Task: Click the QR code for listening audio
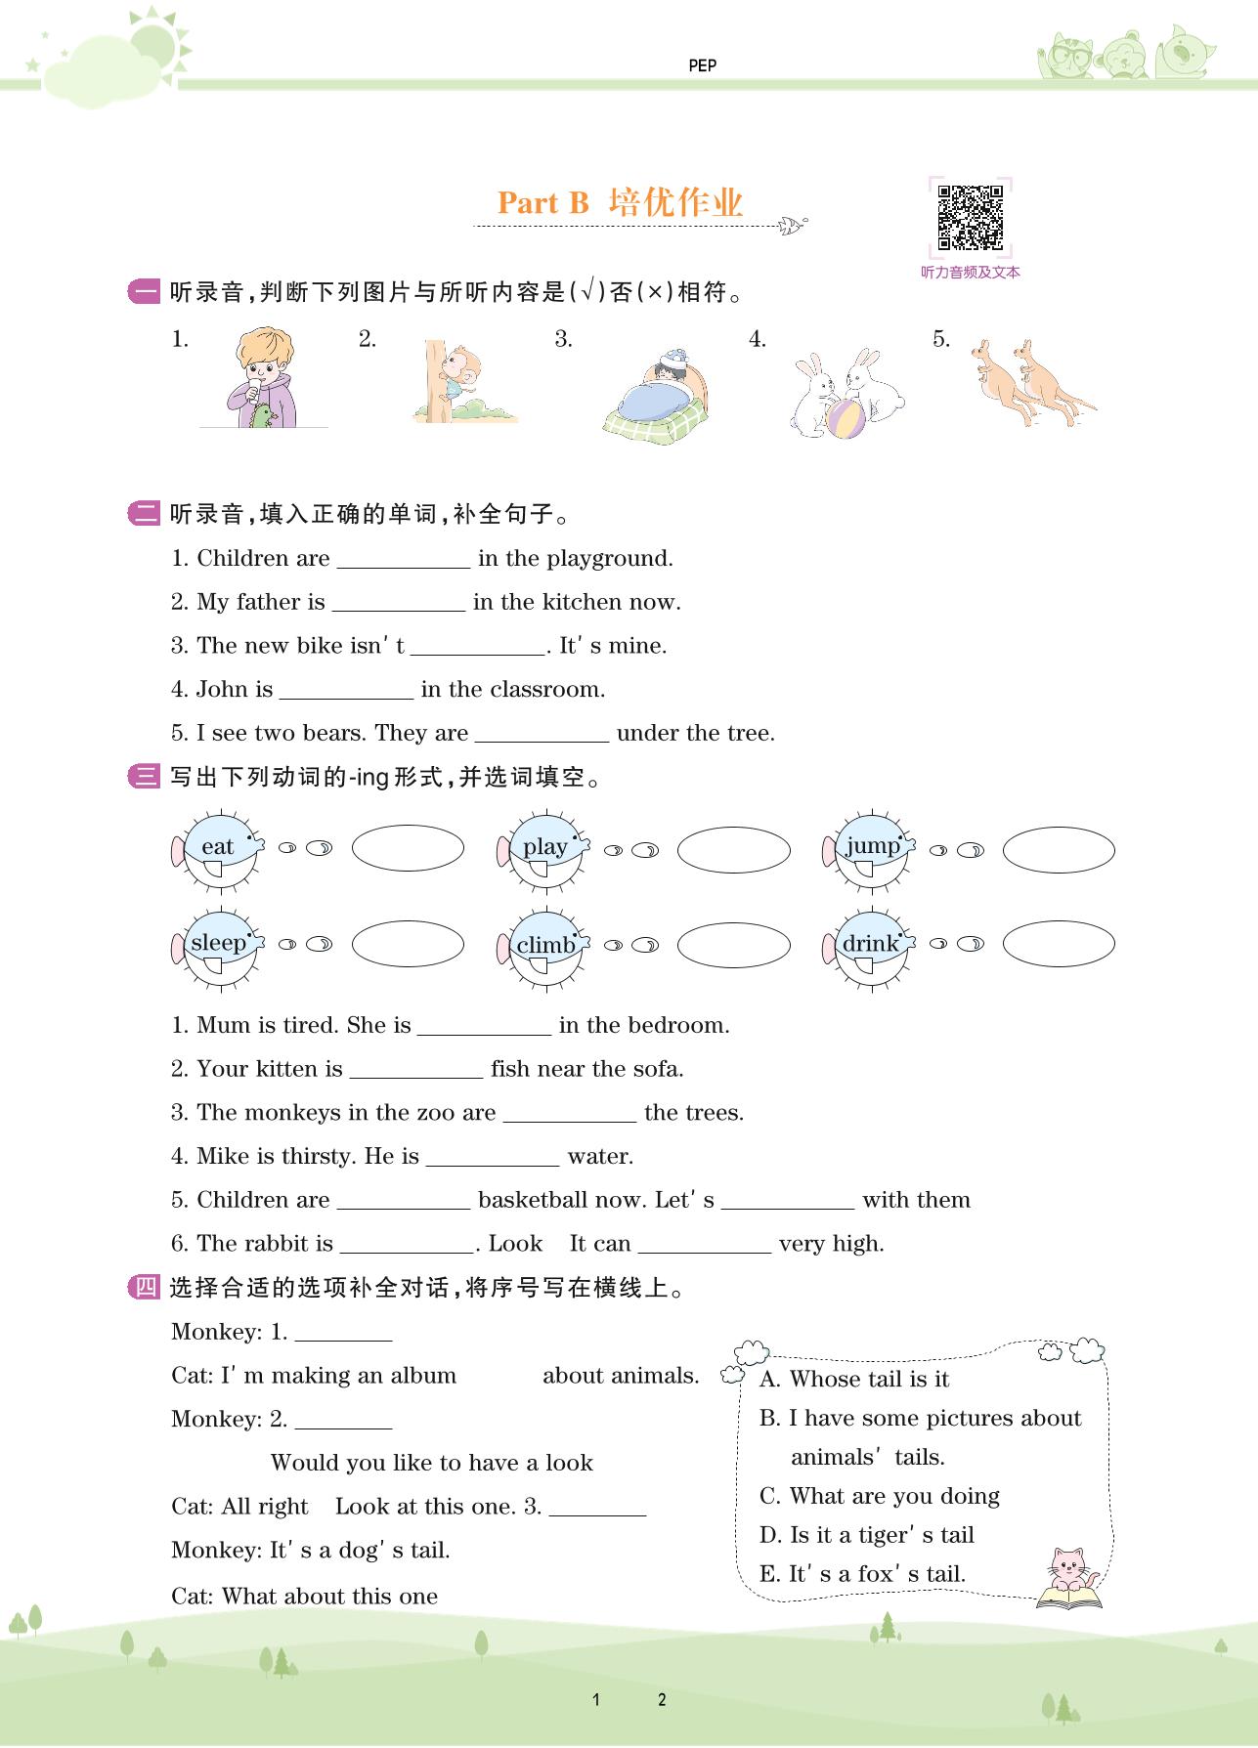pos(970,217)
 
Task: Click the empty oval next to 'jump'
pos(1059,849)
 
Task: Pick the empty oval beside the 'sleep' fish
pos(408,944)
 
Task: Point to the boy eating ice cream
pos(261,379)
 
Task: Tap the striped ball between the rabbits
pos(846,417)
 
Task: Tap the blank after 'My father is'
pos(399,604)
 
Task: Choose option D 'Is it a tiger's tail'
pos(867,1535)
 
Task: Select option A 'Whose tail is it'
pos(854,1379)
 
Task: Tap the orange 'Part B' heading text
pos(543,202)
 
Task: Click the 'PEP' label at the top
pos(702,65)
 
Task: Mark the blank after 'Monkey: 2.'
pos(343,1421)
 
